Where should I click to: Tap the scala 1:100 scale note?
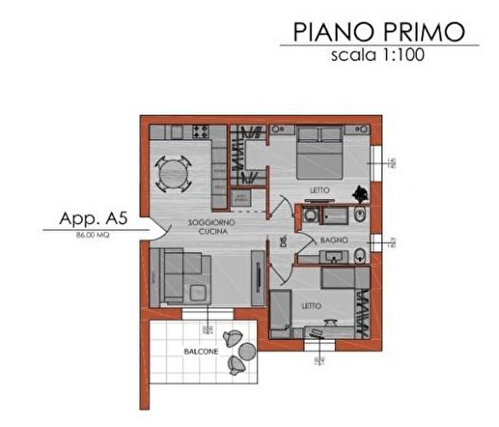point(378,56)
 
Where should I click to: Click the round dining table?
point(172,173)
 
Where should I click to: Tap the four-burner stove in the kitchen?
point(200,131)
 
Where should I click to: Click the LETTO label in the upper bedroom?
point(319,190)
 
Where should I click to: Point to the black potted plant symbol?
point(358,194)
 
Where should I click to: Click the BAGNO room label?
point(333,241)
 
